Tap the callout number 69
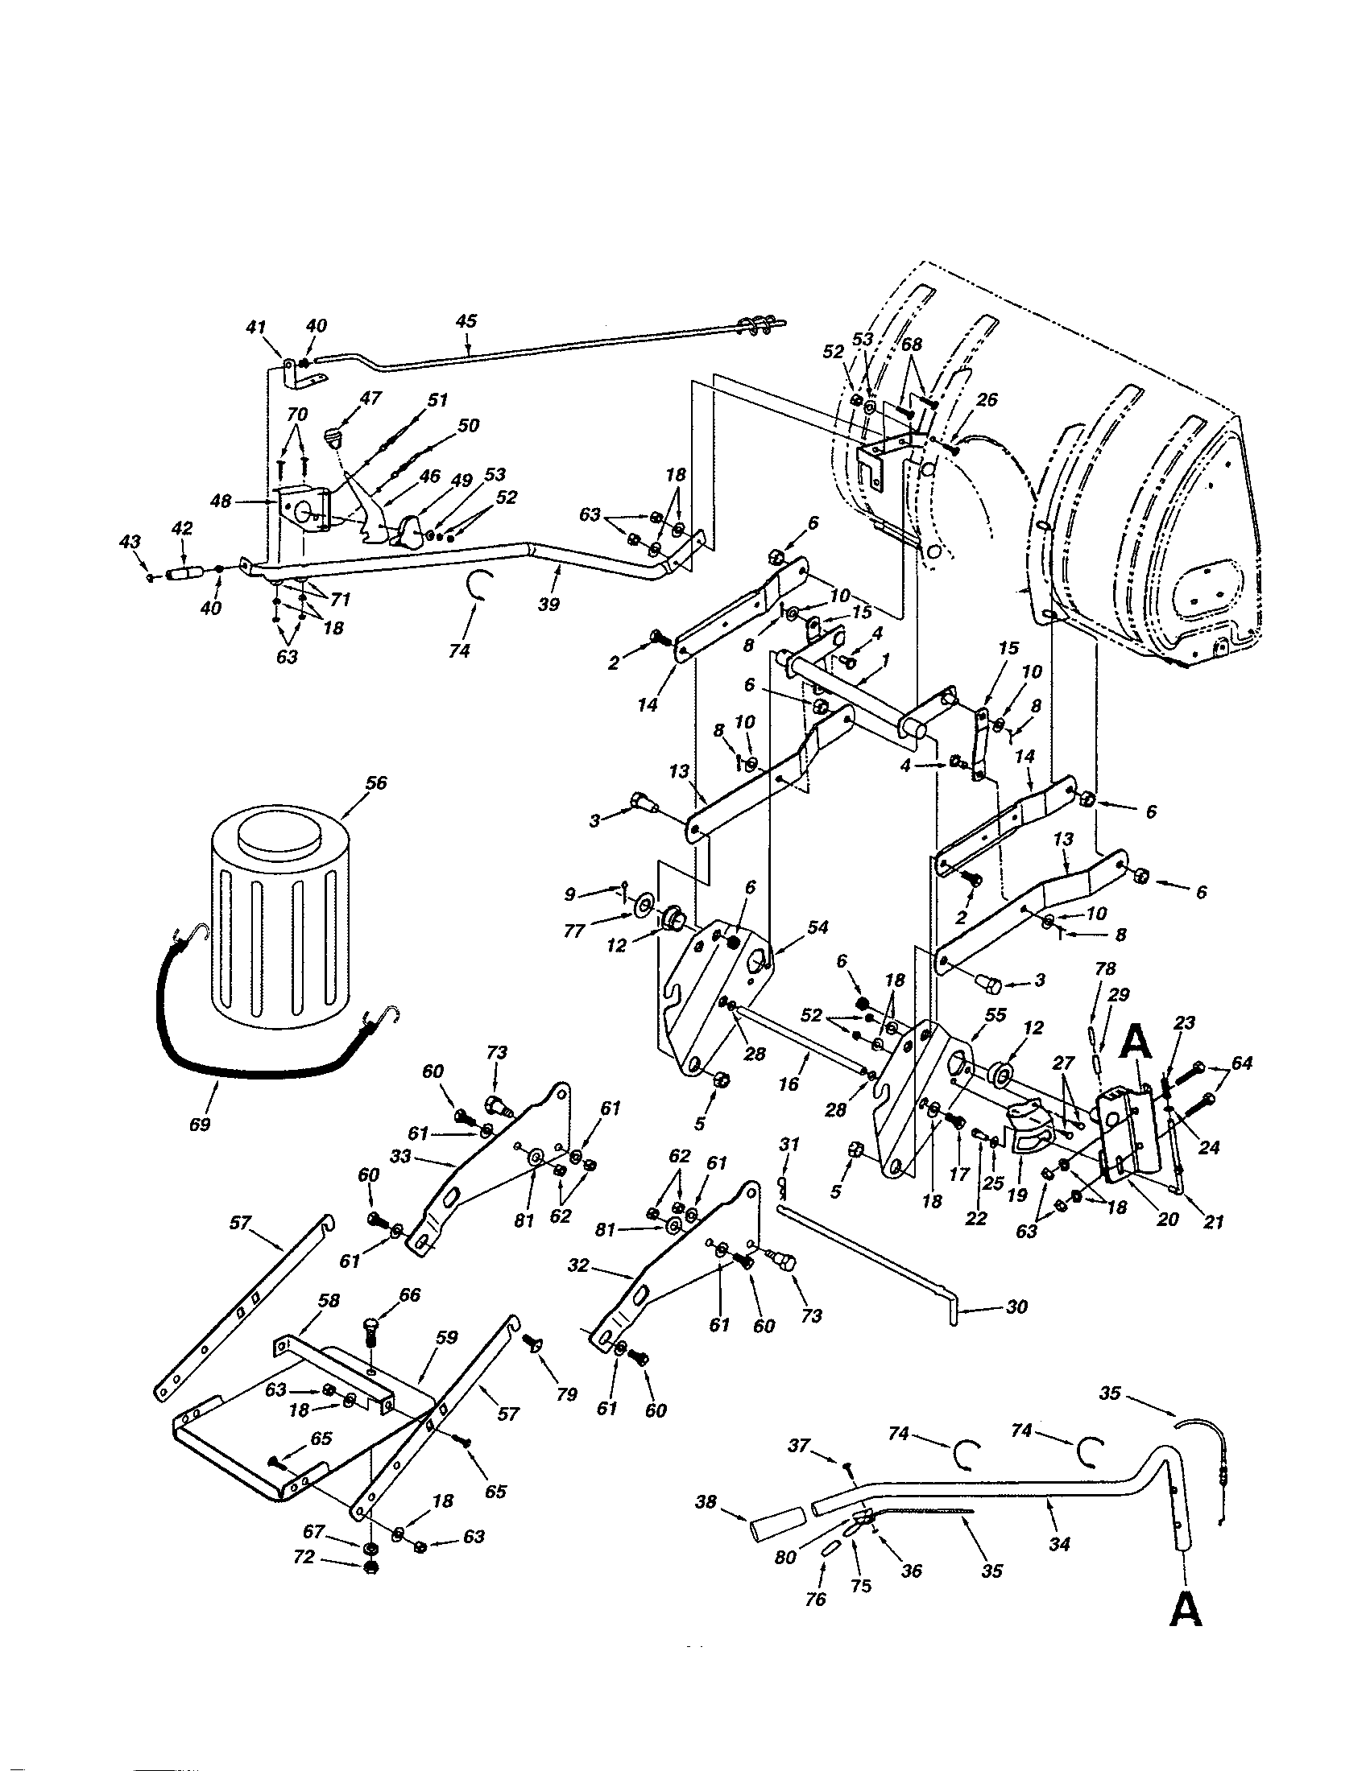click(200, 1124)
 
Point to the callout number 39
click(549, 604)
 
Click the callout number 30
click(1016, 1307)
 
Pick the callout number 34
click(1059, 1545)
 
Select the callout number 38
click(706, 1502)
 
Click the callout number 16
click(789, 1084)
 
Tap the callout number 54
click(818, 927)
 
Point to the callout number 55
click(995, 1015)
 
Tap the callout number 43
click(130, 542)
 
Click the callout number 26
click(987, 400)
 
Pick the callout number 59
click(448, 1338)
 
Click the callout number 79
click(567, 1394)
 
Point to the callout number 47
click(370, 398)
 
